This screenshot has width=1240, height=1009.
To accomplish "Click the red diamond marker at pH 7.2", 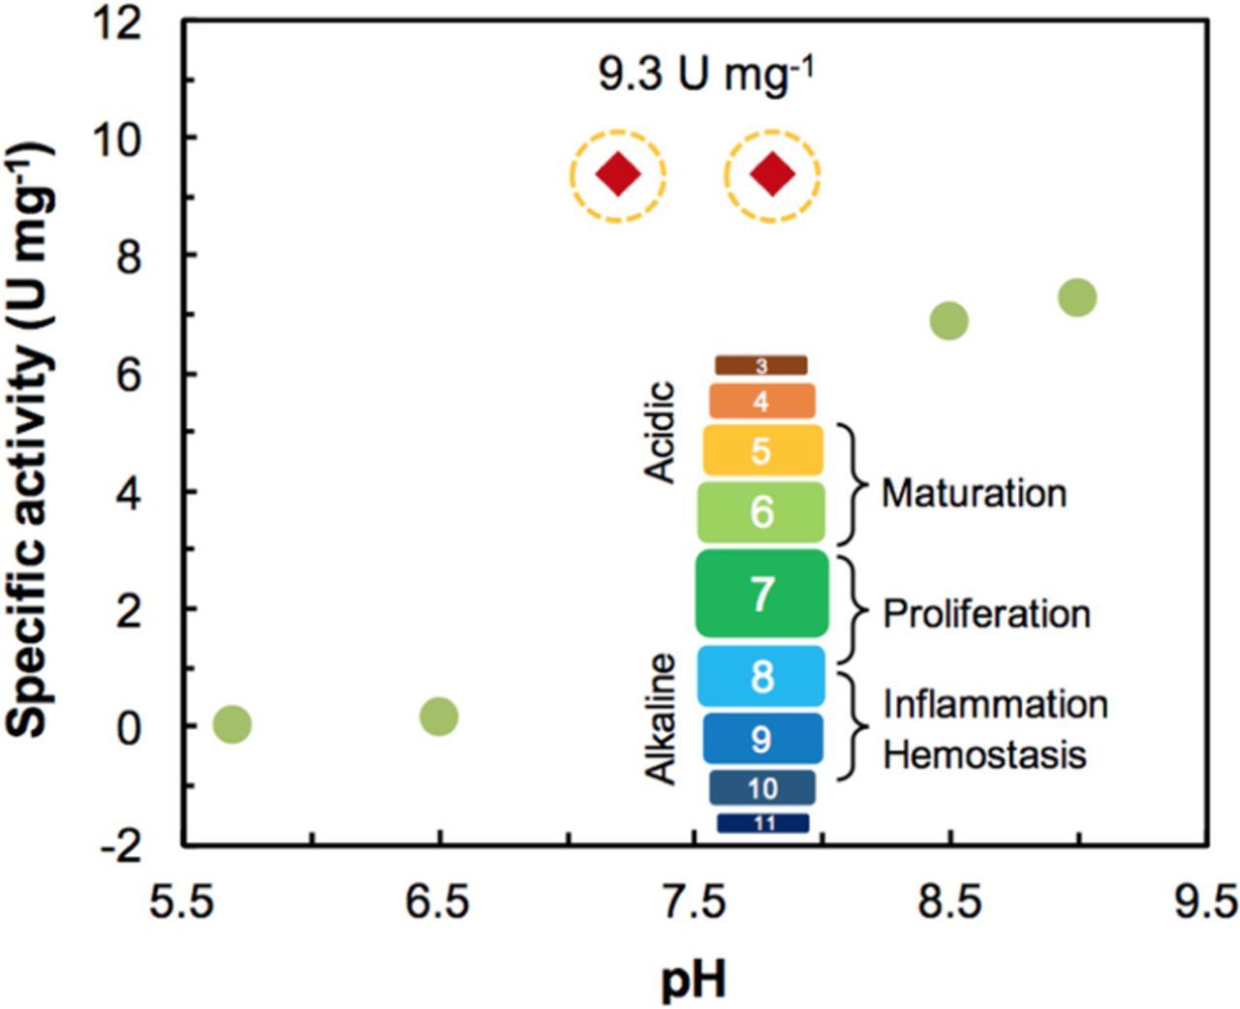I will (618, 175).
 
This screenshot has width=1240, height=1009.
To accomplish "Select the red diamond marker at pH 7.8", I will (772, 175).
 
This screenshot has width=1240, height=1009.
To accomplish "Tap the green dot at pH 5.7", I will (232, 723).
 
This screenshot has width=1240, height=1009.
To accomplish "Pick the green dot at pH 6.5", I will (439, 717).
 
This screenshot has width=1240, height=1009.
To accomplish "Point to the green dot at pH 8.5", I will (949, 321).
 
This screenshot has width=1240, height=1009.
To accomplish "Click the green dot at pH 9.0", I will (1077, 297).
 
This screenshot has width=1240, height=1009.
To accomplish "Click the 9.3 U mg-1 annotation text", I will (704, 75).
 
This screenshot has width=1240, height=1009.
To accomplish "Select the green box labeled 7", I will (762, 594).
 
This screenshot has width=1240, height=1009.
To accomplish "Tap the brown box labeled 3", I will (761, 365).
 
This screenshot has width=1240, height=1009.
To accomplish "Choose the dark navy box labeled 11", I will (762, 823).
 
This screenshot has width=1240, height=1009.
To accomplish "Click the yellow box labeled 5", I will (762, 450).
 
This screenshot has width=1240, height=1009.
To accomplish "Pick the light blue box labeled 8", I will (762, 676).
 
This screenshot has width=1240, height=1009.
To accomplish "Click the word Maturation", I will (974, 493).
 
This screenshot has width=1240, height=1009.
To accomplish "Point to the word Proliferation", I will (986, 614).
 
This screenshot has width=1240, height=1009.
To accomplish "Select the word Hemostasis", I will (984, 754).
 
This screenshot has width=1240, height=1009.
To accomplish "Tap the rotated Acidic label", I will (660, 432).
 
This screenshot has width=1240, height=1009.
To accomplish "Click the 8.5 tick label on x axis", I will (950, 902).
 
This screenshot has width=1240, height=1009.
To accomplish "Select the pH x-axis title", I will (694, 980).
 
